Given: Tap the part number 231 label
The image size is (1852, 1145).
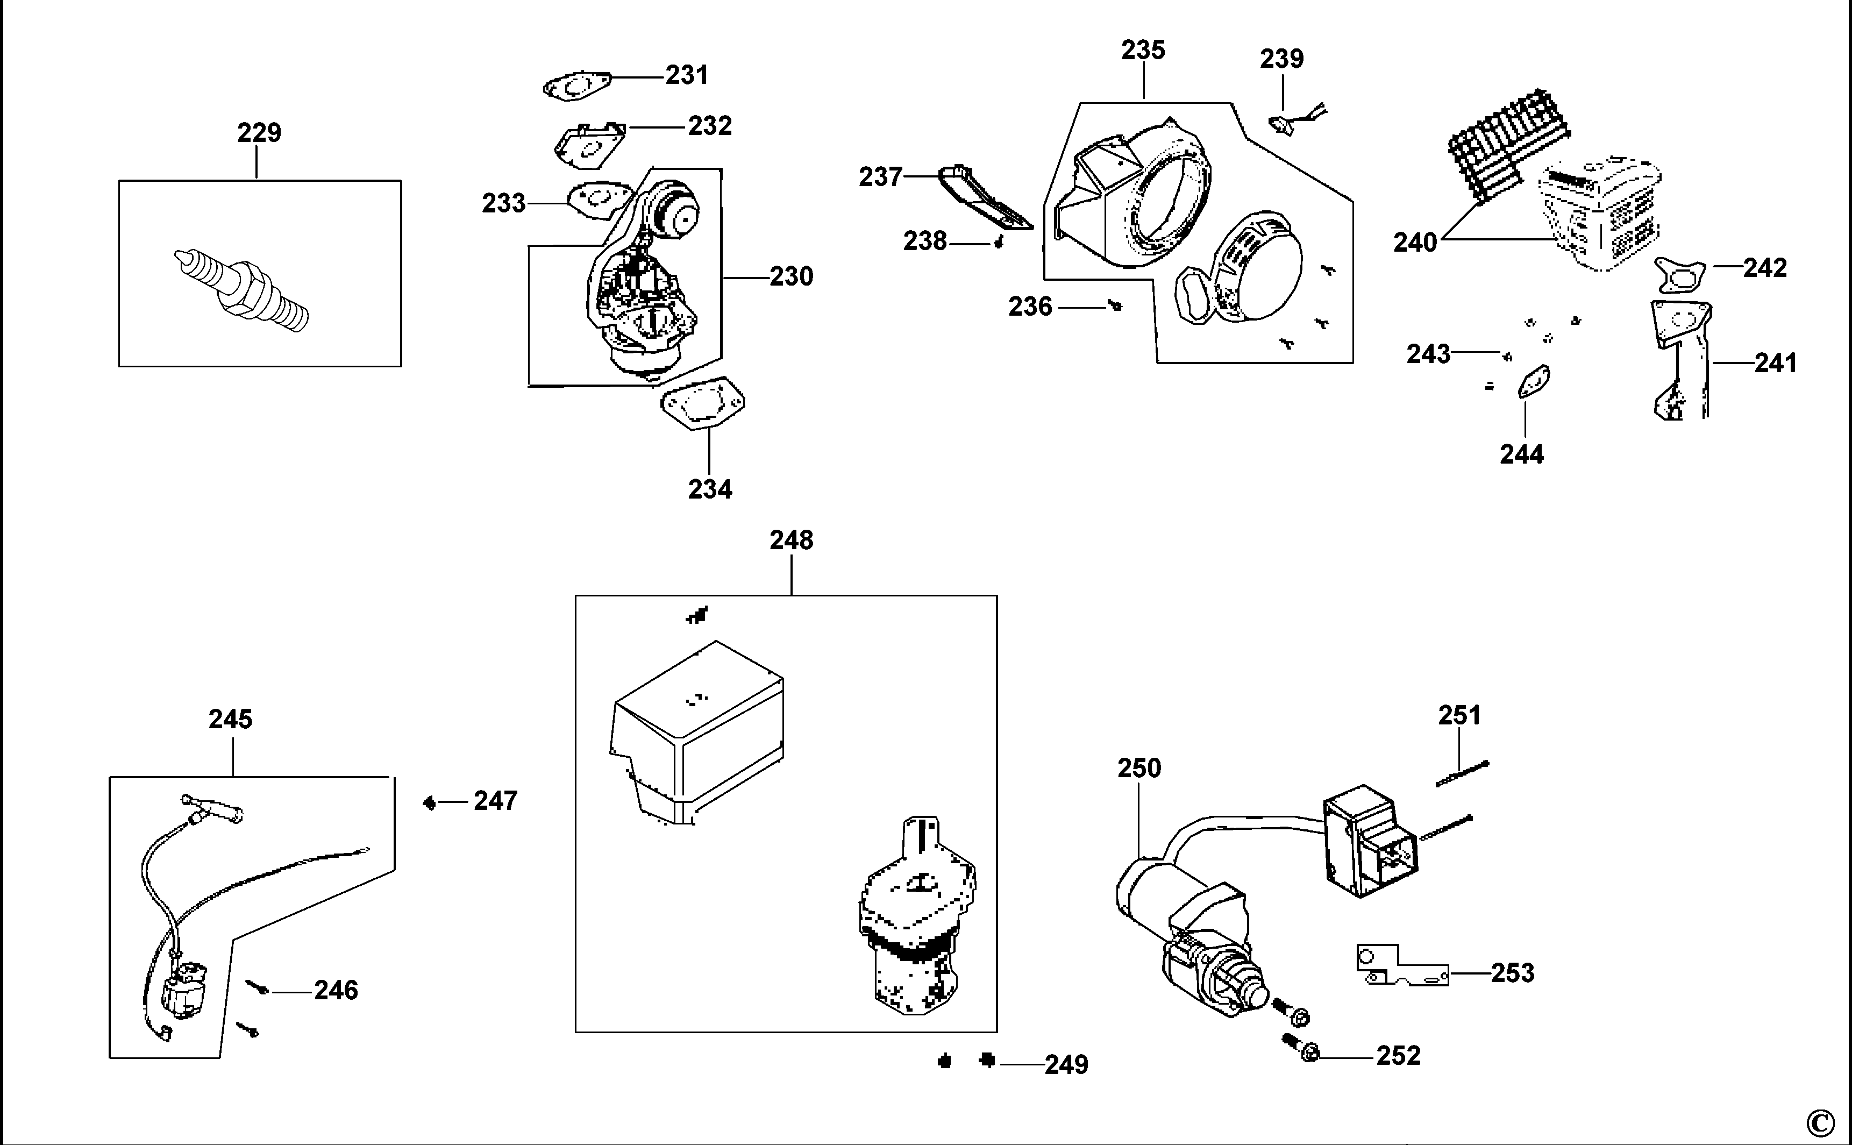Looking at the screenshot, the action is [x=687, y=75].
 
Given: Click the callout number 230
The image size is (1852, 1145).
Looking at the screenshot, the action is [x=791, y=276].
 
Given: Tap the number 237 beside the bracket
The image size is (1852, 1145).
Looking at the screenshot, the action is [x=881, y=177].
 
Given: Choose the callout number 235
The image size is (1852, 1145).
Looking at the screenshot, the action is [x=1143, y=50].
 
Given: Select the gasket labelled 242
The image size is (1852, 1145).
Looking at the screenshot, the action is [x=1679, y=275].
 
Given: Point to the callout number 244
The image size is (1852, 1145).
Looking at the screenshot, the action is [x=1522, y=454].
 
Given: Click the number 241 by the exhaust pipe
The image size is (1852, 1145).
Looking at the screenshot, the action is [x=1776, y=364].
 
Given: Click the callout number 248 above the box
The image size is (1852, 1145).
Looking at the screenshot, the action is [x=791, y=540].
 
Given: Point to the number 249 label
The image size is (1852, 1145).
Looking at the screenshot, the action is [x=1067, y=1065].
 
